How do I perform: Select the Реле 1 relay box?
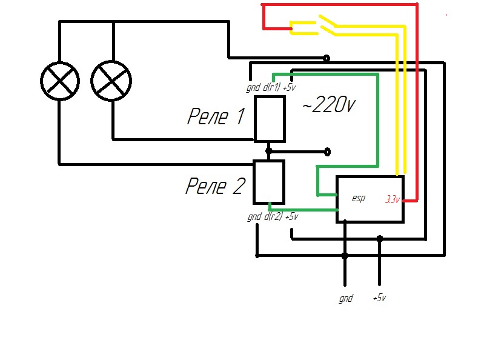point(269,118)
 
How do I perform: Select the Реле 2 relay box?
point(268,182)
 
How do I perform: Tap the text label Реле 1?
point(216,116)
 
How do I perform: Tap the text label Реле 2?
point(214,186)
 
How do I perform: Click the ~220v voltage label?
point(328,105)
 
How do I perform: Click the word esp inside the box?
point(358,198)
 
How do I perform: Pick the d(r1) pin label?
point(272,87)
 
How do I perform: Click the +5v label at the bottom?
point(380,298)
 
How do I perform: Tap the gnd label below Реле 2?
point(254,216)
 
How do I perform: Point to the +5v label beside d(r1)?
point(290,87)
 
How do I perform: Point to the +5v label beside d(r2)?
point(291,216)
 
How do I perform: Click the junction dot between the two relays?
point(269,150)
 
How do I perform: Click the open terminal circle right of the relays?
point(328,150)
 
